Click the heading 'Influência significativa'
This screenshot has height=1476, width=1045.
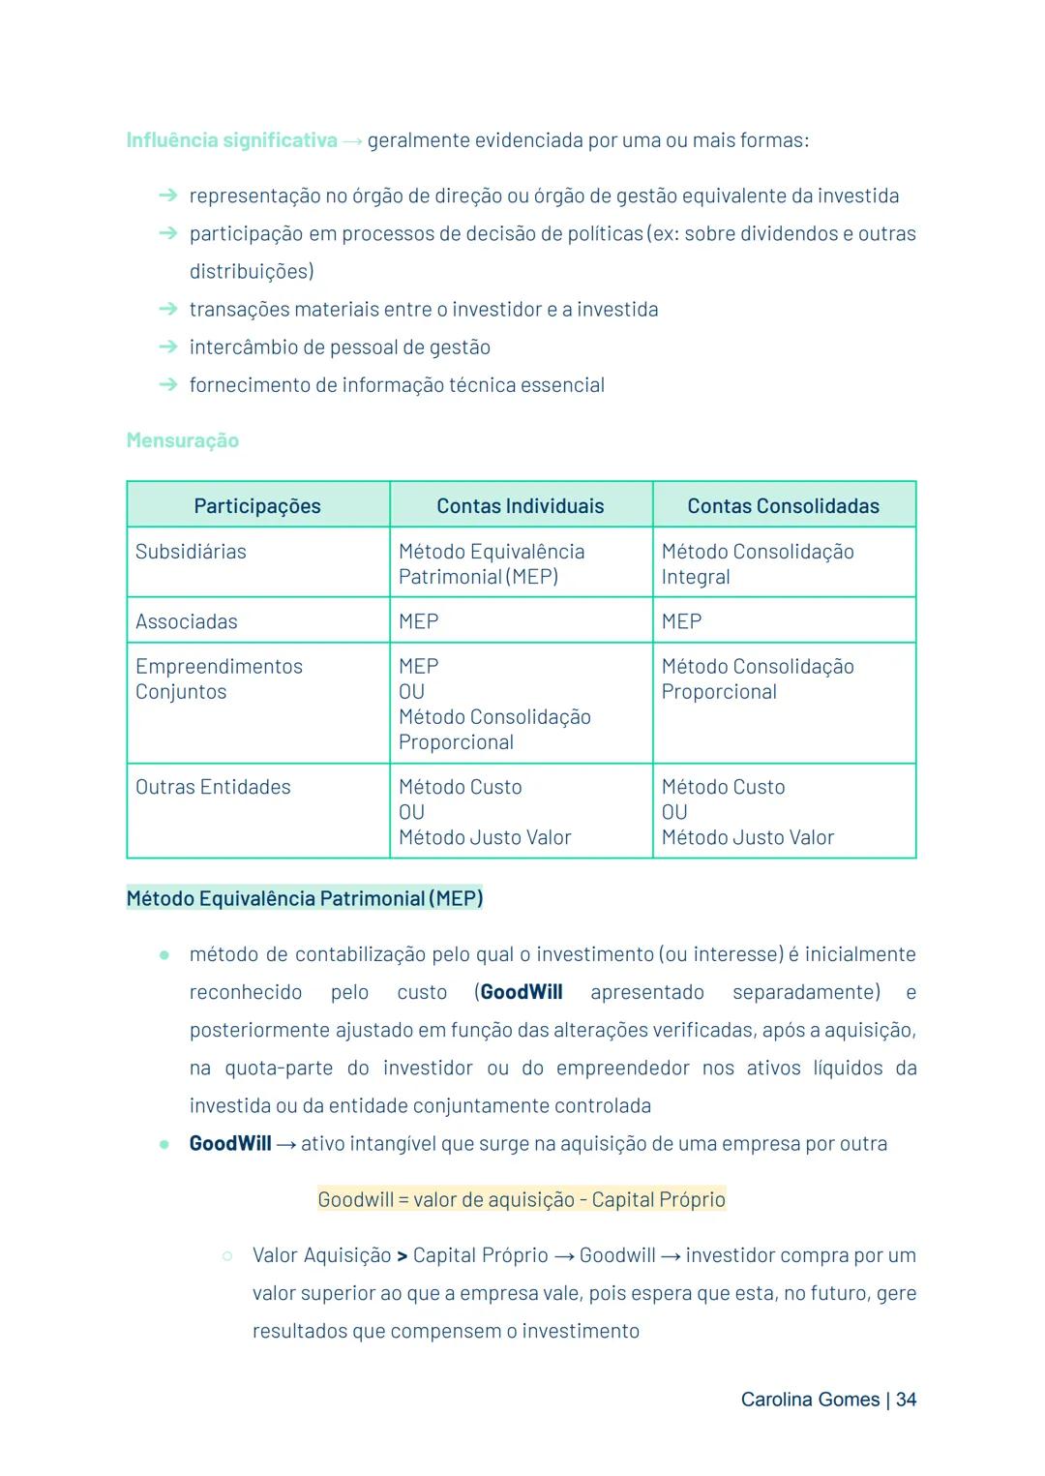(231, 140)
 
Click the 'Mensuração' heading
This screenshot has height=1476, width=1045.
(182, 440)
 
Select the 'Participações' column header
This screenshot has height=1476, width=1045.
(256, 505)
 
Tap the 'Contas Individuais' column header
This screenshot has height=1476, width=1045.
(520, 505)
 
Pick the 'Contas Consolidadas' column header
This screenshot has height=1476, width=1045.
(783, 505)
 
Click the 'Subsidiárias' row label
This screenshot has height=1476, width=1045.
(191, 552)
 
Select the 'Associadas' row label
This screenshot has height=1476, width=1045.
(186, 621)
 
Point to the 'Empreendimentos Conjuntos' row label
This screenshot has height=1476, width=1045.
(219, 678)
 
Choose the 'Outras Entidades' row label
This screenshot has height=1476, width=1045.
(213, 787)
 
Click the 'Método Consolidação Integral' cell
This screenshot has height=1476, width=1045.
(757, 564)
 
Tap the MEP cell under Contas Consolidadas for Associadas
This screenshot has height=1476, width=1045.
(681, 621)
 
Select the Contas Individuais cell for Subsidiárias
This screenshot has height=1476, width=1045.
(491, 564)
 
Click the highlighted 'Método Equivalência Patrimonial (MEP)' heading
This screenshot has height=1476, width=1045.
(305, 898)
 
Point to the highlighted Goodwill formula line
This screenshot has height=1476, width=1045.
(521, 1199)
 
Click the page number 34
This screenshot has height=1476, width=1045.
(906, 1400)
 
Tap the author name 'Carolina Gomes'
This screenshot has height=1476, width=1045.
(810, 1400)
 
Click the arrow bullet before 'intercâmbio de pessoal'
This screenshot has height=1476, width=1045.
(168, 346)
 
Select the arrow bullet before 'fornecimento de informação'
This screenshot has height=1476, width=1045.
(168, 384)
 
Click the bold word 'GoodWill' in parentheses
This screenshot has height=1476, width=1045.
(521, 992)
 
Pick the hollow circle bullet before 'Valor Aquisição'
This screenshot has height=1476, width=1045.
(226, 1255)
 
